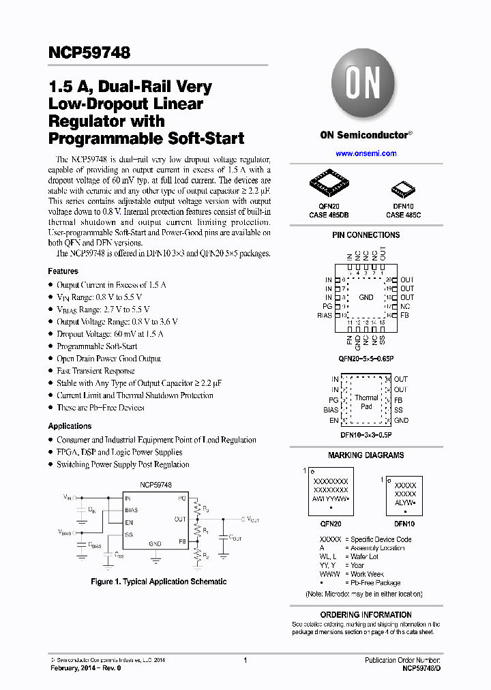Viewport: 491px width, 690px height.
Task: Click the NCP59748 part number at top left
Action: coord(89,52)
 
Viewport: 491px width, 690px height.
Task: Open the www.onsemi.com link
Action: coord(366,153)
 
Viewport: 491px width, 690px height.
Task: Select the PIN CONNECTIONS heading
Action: coord(366,235)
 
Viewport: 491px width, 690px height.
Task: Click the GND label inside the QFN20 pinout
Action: coord(366,297)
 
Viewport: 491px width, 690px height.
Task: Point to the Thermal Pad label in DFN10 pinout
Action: coord(366,402)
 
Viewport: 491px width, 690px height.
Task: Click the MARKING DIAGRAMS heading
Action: coord(366,455)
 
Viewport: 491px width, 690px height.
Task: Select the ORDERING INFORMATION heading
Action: coord(366,614)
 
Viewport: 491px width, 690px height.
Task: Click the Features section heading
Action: coord(63,271)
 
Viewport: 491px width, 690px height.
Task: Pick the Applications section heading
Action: coord(70,426)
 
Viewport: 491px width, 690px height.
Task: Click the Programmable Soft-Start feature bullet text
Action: coord(97,346)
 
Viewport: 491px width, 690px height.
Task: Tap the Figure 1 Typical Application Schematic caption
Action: coord(159,582)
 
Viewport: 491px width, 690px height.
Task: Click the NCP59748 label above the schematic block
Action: coord(155,485)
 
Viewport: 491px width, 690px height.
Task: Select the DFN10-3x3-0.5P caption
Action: coord(366,434)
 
